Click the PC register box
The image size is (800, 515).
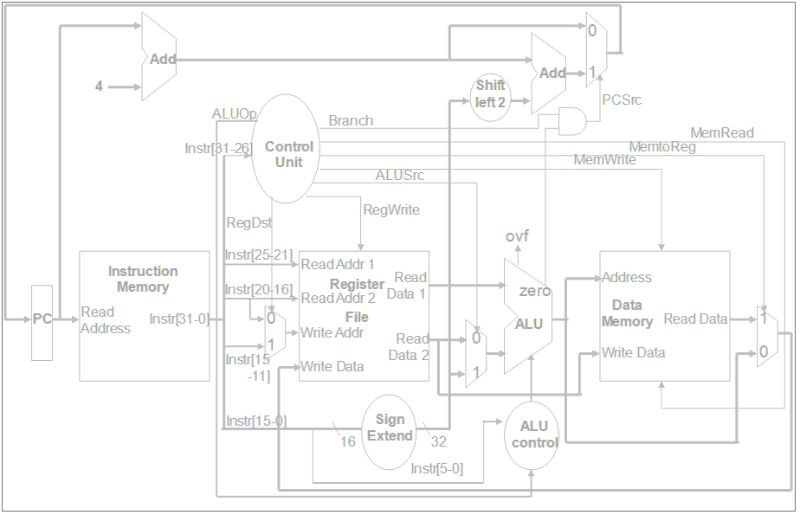pos(42,320)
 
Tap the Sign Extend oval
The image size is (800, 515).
pos(390,428)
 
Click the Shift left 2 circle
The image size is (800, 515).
pos(490,93)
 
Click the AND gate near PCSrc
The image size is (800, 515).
pos(571,121)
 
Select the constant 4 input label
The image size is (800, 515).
pos(99,87)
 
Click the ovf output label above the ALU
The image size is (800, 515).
pos(517,236)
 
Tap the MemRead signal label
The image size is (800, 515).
pos(721,133)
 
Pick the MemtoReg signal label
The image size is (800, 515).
pos(661,147)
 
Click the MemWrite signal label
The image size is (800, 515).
pos(604,160)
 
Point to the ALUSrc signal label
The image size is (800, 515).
pos(399,176)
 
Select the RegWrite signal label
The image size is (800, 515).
pos(390,209)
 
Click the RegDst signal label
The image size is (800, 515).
pos(248,223)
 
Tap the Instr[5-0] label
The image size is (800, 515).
pos(436,469)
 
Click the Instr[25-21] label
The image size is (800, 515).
pos(258,254)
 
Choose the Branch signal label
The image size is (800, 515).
pos(351,121)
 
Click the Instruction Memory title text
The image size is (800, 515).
pos(143,279)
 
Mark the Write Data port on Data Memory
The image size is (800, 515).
pos(634,352)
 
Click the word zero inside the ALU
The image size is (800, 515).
pos(534,292)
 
